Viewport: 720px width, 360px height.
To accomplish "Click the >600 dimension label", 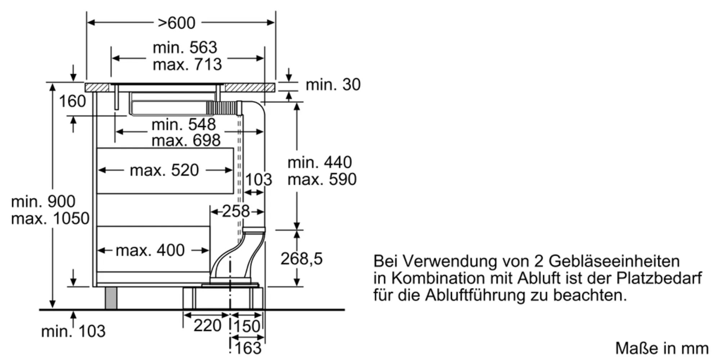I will pos(176,23).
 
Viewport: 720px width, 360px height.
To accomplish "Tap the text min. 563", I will pos(185,48).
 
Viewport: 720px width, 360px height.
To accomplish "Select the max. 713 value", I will pos(187,64).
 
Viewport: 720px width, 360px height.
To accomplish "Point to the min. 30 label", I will pos(333,85).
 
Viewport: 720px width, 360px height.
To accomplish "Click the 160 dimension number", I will pos(72,101).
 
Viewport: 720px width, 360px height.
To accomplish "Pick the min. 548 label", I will pos(184,125).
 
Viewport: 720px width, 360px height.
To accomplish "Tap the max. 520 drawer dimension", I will pos(164,170).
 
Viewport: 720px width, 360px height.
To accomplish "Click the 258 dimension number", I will pos(236,211).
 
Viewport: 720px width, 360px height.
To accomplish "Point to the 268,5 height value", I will pos(301,259).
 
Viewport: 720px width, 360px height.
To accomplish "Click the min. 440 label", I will pos(319,162).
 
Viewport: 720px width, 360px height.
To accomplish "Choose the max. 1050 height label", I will pos(50,219).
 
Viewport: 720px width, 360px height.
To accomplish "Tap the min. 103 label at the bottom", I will pos(73,331).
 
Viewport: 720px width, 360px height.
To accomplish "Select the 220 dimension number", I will pos(207,326).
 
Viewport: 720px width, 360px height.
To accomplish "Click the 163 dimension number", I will pos(248,348).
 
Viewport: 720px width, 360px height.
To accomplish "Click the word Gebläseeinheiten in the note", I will pos(614,261).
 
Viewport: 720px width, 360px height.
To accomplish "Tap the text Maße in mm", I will pos(662,348).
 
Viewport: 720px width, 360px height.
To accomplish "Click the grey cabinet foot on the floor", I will pos(111,298).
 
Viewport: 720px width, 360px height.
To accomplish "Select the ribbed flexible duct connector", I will pos(221,108).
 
